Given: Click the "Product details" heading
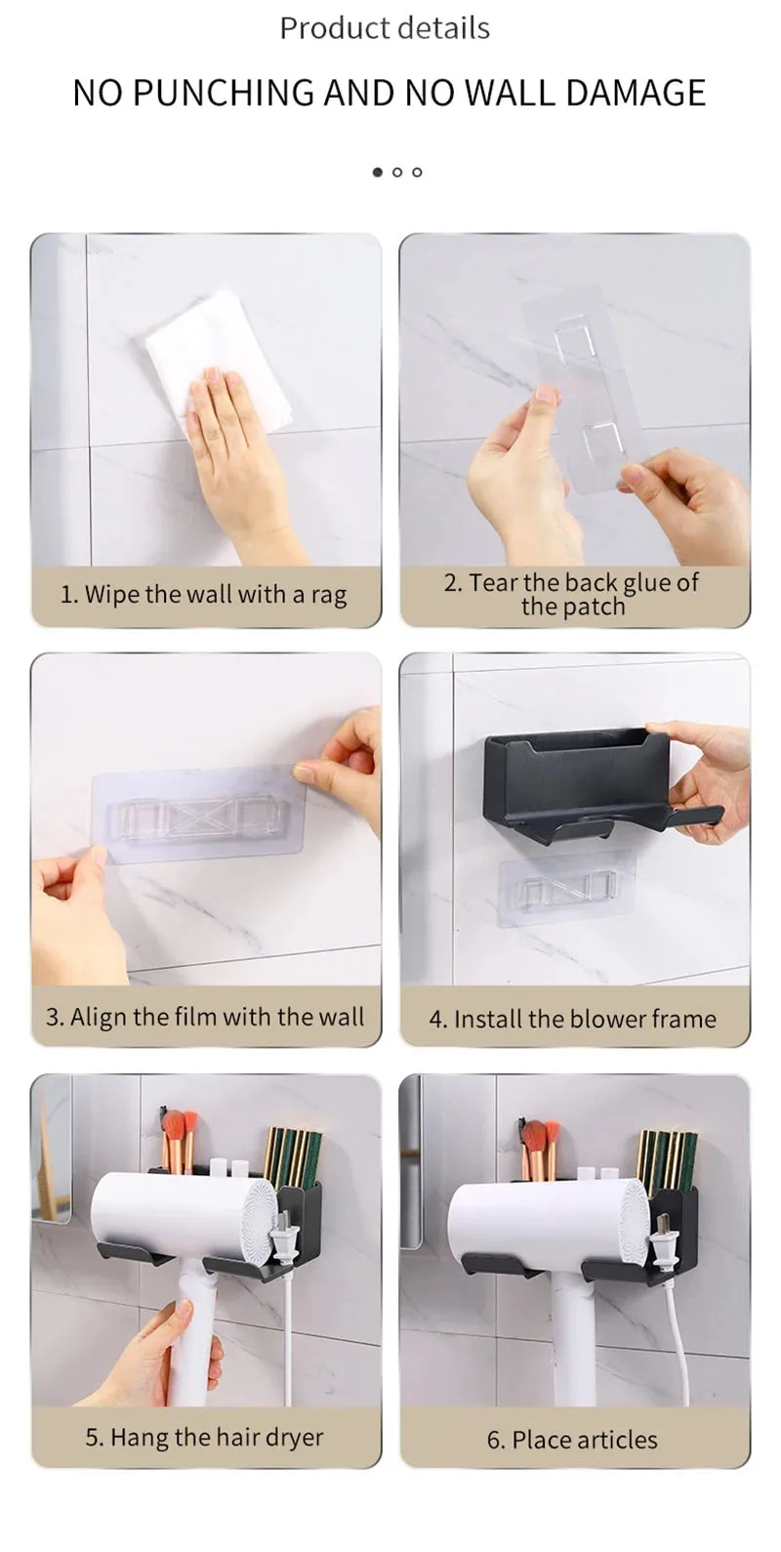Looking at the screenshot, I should point(385,28).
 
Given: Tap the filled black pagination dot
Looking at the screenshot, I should point(378,172).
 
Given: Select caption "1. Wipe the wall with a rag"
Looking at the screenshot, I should point(204,595).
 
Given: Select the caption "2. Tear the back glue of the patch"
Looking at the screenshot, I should point(572,594).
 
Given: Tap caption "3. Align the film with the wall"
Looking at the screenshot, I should point(205,1017).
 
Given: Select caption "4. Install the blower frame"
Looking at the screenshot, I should point(573,1020).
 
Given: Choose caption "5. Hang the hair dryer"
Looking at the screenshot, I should point(204,1438).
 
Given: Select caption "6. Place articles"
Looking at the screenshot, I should point(572,1440).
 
